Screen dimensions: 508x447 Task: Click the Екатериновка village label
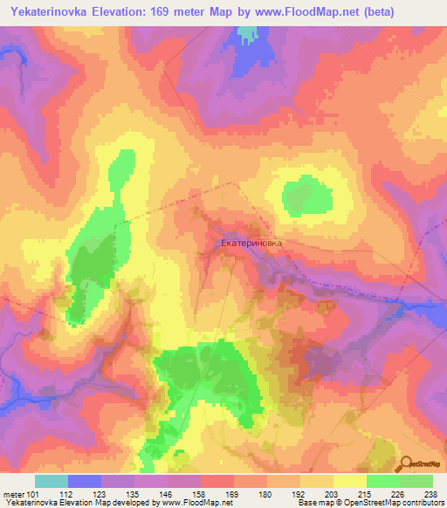click(251, 245)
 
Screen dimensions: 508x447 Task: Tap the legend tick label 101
click(34, 493)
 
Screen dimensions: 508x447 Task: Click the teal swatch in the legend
click(51, 481)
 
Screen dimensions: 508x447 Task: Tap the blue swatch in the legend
click(84, 481)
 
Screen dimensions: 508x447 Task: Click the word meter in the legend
click(12, 493)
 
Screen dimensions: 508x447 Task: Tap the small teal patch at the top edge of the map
click(249, 32)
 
